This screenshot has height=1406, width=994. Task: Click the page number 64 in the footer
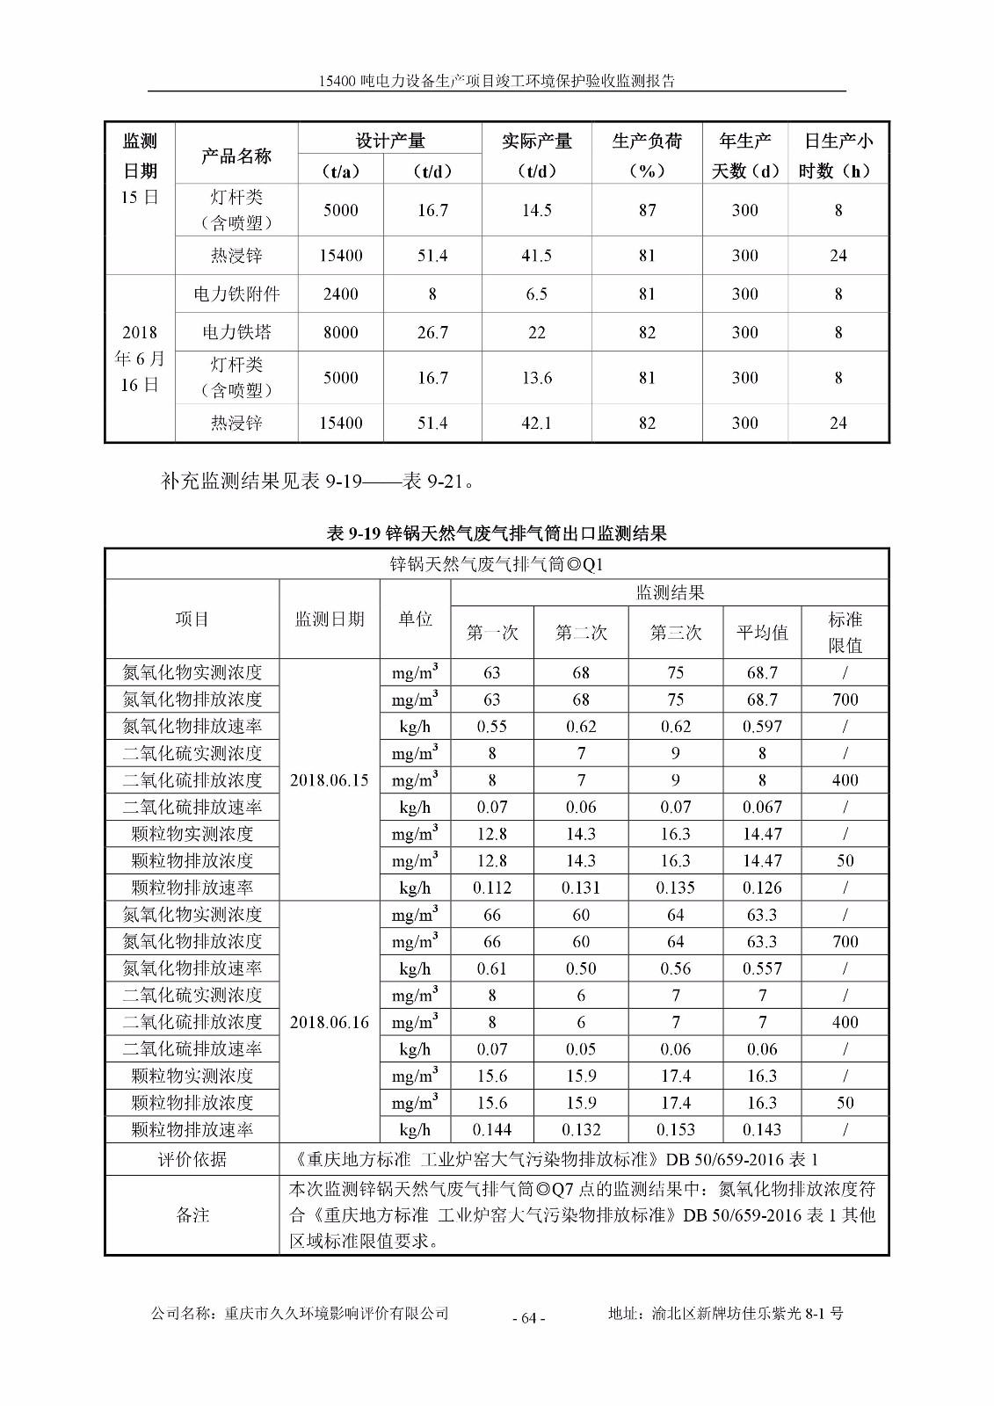pyautogui.click(x=528, y=1317)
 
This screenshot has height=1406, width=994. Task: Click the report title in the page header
pyautogui.click(x=497, y=81)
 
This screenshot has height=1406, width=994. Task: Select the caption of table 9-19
pyautogui.click(x=497, y=533)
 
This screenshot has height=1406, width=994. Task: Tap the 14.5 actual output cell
pyautogui.click(x=536, y=210)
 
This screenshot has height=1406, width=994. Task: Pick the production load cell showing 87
pyautogui.click(x=647, y=210)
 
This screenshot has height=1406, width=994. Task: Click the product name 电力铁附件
pyautogui.click(x=236, y=294)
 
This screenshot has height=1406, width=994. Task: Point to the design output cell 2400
pyautogui.click(x=340, y=294)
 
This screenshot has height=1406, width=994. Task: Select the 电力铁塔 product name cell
pyautogui.click(x=236, y=332)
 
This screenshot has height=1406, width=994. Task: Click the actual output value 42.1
pyautogui.click(x=536, y=424)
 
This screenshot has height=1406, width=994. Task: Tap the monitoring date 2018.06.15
pyautogui.click(x=330, y=780)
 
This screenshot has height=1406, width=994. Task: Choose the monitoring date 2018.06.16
pyautogui.click(x=330, y=1022)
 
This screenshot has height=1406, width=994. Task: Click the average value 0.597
pyautogui.click(x=762, y=727)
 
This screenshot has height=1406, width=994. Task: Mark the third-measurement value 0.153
pyautogui.click(x=675, y=1130)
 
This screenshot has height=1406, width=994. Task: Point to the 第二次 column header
pyautogui.click(x=581, y=633)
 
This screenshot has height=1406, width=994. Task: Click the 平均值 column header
pyautogui.click(x=762, y=633)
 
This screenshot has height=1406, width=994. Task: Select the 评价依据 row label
pyautogui.click(x=192, y=1160)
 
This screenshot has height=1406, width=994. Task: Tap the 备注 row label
pyautogui.click(x=192, y=1215)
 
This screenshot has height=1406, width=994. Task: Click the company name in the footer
pyautogui.click(x=301, y=1314)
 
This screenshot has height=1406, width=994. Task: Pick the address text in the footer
pyautogui.click(x=725, y=1314)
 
